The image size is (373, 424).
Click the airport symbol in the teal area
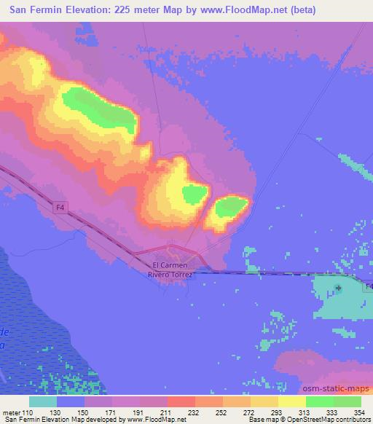(x=339, y=288)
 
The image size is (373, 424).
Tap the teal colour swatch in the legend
(x=42, y=401)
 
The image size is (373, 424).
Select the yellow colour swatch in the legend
(x=291, y=401)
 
